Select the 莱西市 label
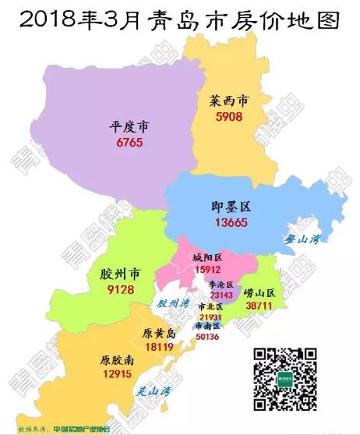(x=230, y=102)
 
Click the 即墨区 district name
(x=231, y=207)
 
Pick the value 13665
(x=231, y=223)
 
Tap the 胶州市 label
(x=120, y=275)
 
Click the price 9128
(x=119, y=290)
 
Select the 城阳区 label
(x=207, y=257)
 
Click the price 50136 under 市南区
(x=207, y=337)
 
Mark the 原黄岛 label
(x=159, y=334)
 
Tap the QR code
(x=287, y=380)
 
